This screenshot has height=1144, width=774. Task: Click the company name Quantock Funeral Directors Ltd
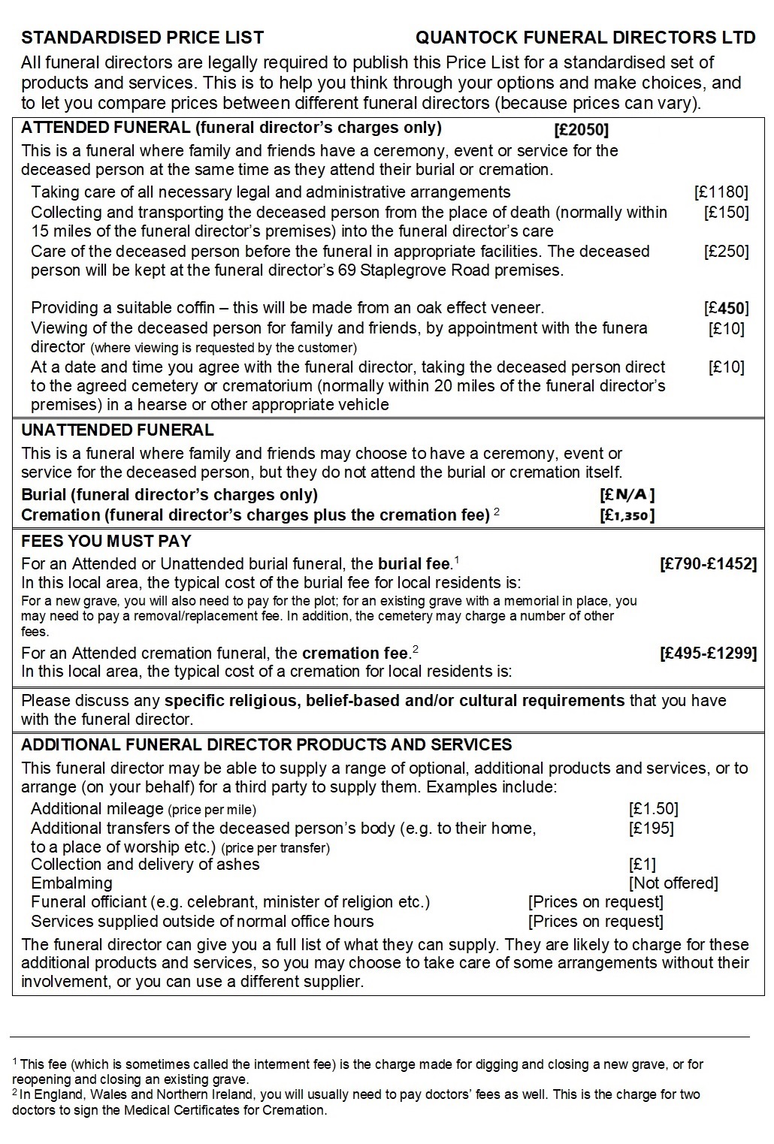point(585,38)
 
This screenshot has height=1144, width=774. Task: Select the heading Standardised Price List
point(143,38)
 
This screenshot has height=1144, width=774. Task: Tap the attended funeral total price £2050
point(581,128)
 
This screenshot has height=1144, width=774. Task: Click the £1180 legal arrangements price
point(721,192)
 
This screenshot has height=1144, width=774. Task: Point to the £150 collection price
point(726,213)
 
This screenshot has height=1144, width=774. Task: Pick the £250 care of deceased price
point(726,252)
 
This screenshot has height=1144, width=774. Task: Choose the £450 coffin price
point(726,308)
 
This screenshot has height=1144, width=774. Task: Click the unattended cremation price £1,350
point(627,515)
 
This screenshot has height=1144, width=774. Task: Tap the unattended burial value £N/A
point(627,495)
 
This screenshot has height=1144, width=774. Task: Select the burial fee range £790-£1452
point(708,563)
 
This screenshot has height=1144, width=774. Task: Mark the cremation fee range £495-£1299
point(708,653)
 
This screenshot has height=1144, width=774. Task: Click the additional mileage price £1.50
point(653,809)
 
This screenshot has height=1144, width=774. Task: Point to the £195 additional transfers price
point(651,829)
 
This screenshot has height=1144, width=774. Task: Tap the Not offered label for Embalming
point(673,883)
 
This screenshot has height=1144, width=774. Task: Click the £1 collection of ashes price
point(642,865)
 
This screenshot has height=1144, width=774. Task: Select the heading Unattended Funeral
point(117,430)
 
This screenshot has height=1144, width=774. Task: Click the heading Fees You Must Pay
point(106,541)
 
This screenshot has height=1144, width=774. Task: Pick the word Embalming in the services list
point(71,883)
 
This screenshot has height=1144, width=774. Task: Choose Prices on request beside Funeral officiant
point(595,902)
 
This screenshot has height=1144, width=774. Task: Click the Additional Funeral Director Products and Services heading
point(267,745)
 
